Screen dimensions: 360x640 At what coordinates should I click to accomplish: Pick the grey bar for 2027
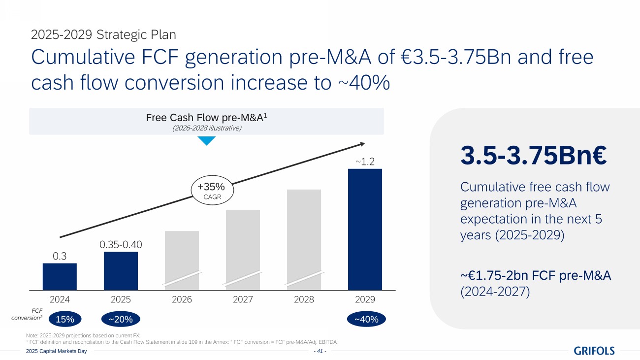(x=243, y=250)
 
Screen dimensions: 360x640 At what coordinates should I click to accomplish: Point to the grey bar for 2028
(x=304, y=239)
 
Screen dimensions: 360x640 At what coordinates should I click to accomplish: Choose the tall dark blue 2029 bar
(x=365, y=229)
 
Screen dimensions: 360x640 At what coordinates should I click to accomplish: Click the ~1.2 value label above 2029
(x=365, y=161)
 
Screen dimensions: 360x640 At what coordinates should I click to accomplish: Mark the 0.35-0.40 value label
(x=121, y=244)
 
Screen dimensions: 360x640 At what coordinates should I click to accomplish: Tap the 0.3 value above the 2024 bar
(x=60, y=256)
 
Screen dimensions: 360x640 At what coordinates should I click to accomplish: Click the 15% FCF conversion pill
(x=65, y=320)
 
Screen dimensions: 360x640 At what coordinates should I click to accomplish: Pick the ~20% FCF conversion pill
(x=121, y=320)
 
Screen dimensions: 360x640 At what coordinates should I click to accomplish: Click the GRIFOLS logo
(x=594, y=351)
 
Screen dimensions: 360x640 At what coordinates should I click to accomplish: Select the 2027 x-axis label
(x=243, y=299)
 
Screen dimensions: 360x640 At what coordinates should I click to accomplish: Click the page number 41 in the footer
(x=320, y=351)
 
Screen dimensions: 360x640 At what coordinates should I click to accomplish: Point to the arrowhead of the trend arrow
(x=362, y=143)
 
